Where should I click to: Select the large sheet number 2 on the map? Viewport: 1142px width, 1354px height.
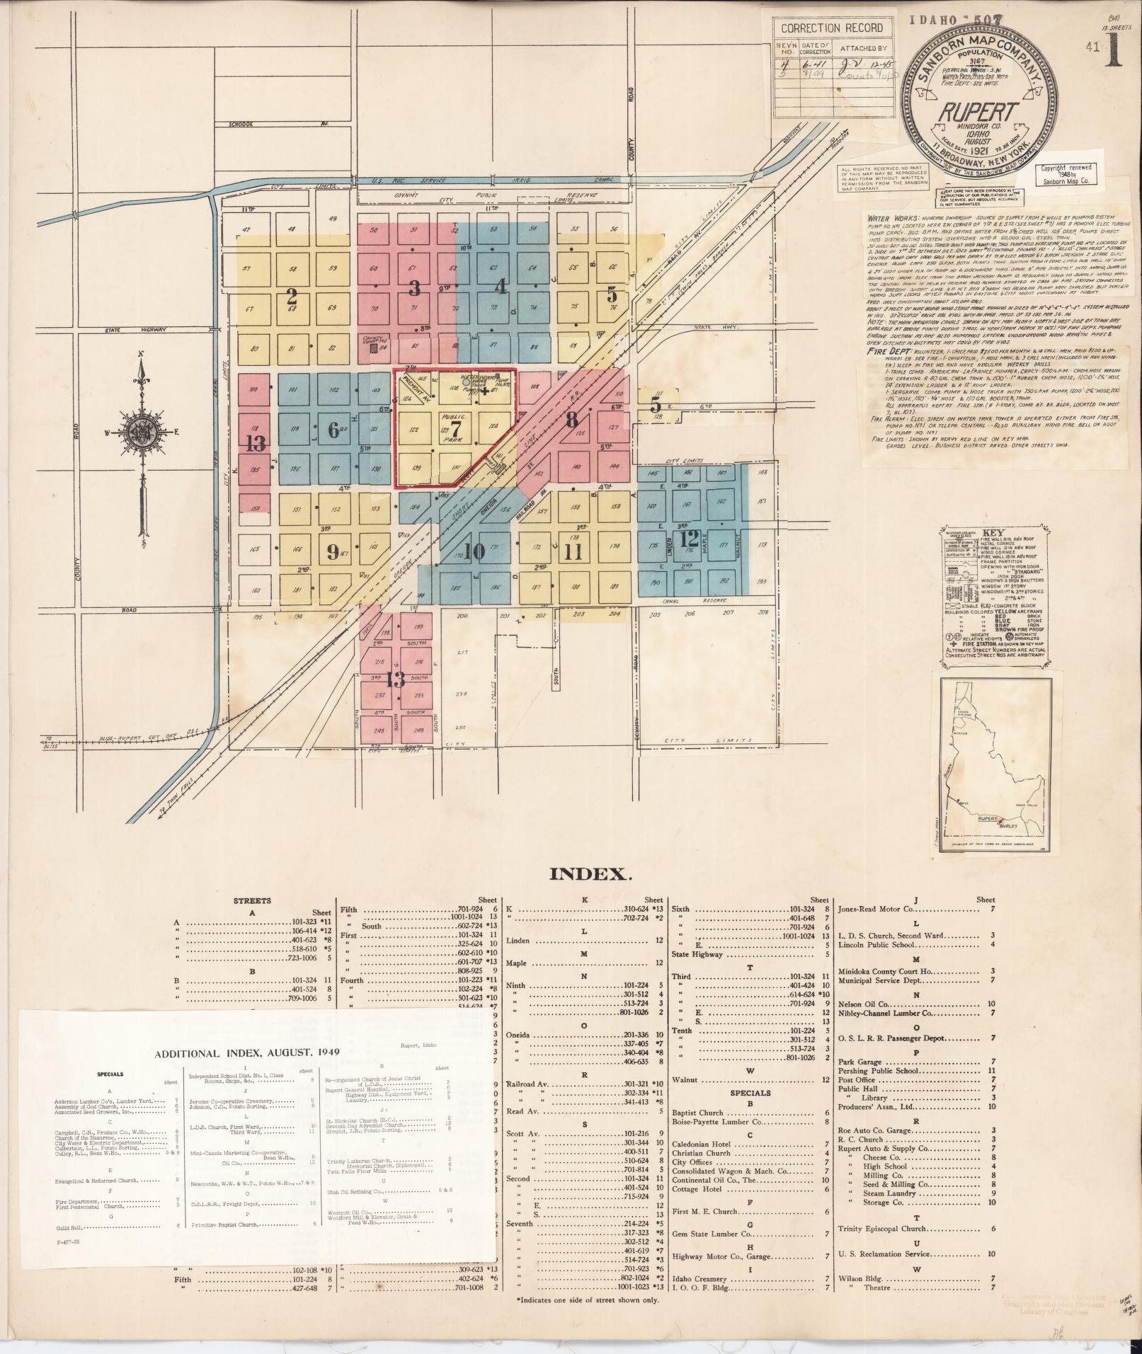click(x=291, y=297)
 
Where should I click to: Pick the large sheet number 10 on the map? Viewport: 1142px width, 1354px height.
click(x=475, y=551)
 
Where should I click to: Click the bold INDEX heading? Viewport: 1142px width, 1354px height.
click(x=590, y=874)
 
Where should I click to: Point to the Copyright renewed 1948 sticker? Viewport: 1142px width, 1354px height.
click(x=1064, y=174)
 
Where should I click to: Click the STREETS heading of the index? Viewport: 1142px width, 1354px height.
click(x=253, y=900)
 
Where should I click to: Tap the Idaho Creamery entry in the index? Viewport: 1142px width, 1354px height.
click(x=700, y=1279)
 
